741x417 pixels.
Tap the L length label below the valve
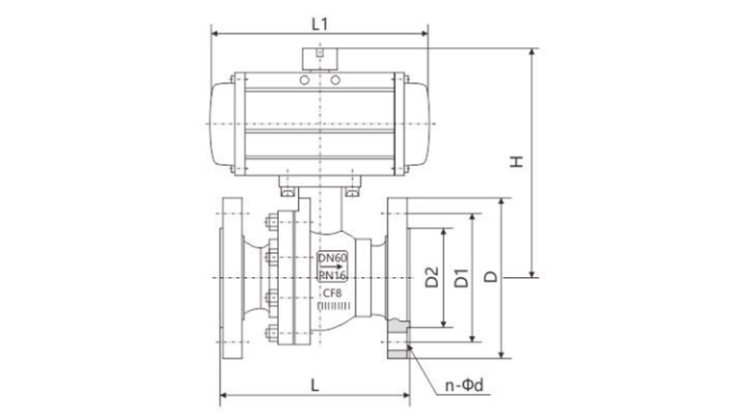point(316,383)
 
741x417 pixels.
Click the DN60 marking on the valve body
point(333,258)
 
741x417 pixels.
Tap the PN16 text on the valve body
point(333,277)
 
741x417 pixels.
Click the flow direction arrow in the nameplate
point(333,267)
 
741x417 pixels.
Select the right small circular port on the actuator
point(335,81)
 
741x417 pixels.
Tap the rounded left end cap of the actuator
point(221,125)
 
